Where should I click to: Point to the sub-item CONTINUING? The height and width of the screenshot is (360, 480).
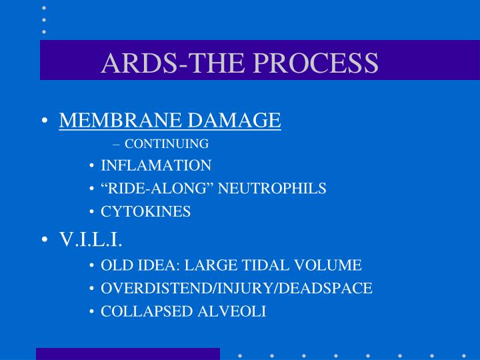tap(167, 143)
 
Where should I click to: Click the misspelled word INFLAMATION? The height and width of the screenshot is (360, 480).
tap(156, 165)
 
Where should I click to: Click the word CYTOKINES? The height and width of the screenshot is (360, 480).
tap(145, 212)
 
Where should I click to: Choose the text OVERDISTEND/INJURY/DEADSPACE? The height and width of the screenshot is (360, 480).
tap(236, 289)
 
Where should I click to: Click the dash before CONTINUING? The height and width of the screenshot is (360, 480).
tap(117, 144)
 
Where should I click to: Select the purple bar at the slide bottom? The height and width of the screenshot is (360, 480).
tap(128, 353)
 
